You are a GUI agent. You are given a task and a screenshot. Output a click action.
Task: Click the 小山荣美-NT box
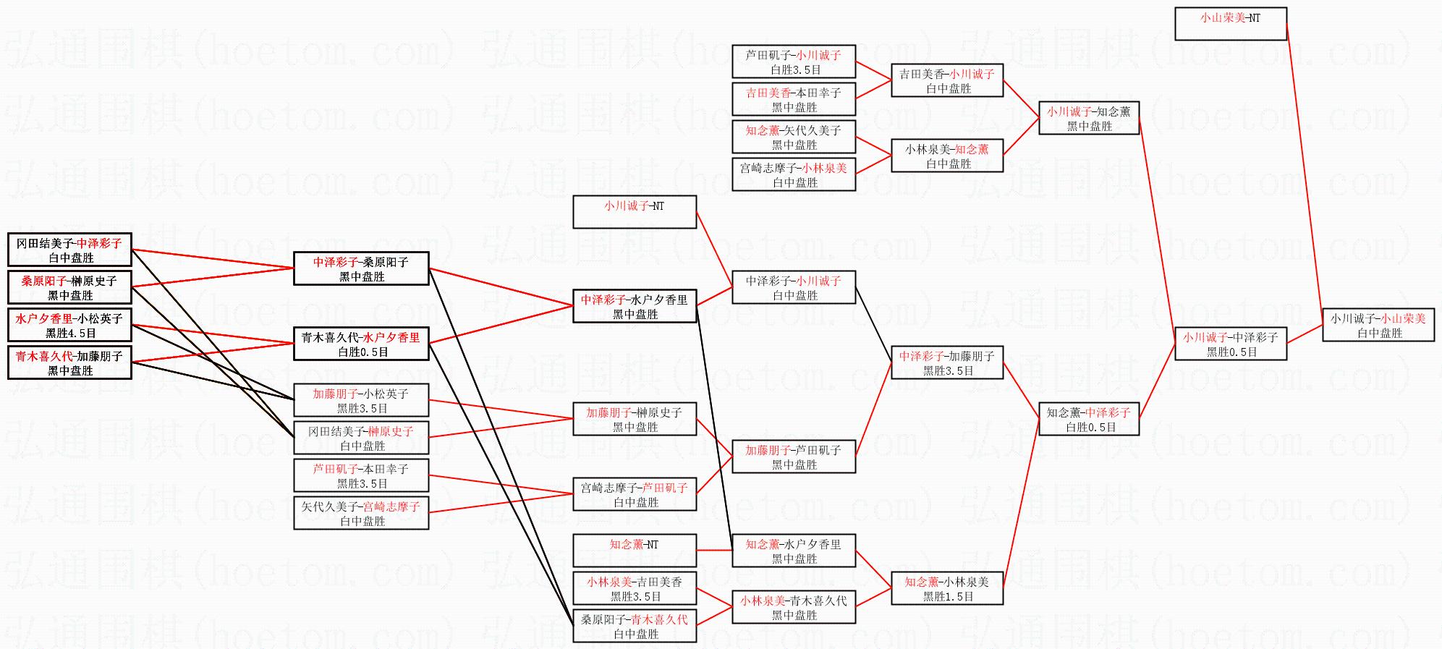1230,24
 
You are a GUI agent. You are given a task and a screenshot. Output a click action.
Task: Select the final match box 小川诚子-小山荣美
1378,326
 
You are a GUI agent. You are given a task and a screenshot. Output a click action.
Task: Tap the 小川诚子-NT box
635,212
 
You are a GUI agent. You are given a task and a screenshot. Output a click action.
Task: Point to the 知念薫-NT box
635,551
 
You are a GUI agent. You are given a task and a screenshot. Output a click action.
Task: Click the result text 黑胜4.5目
70,334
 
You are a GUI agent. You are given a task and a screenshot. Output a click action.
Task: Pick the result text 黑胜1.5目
948,597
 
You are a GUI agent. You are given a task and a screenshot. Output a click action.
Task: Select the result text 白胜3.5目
795,70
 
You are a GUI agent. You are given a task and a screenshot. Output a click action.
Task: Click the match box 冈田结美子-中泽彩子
69,250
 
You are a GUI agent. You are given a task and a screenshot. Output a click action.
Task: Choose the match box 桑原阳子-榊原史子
69,287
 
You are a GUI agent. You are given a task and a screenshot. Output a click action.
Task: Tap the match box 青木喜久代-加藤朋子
69,362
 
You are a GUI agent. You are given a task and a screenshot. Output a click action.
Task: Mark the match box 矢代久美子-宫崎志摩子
361,513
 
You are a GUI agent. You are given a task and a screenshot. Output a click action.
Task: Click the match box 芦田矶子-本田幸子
361,475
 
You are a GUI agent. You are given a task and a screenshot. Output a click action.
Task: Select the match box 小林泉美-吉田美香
635,588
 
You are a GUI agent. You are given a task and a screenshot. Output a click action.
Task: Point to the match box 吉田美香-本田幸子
794,99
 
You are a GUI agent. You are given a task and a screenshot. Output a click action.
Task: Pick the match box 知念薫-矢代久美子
794,137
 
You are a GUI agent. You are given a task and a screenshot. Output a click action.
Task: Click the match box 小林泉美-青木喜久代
794,607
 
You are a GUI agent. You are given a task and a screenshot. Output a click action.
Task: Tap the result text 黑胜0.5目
1231,352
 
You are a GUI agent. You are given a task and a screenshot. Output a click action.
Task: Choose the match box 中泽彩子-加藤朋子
946,362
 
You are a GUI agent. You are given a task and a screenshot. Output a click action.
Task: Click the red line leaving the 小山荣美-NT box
1305,174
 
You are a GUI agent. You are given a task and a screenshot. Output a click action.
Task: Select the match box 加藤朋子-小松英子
361,400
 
